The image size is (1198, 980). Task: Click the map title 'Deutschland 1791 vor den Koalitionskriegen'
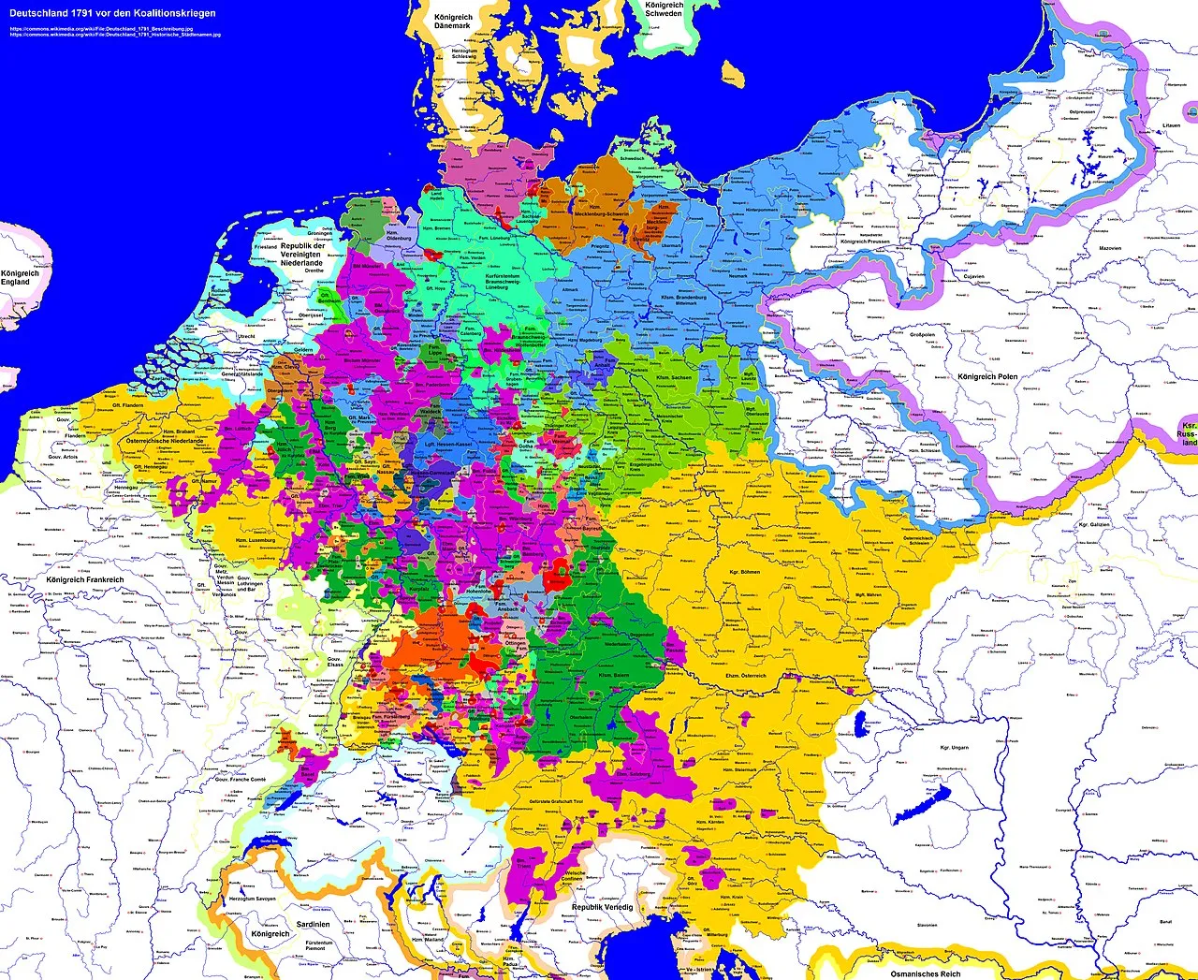tap(112, 13)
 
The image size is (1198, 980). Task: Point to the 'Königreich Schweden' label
tap(664, 9)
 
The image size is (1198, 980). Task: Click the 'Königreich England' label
tap(15, 278)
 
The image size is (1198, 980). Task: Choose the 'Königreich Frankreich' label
tap(84, 580)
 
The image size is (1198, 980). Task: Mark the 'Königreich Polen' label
tap(987, 376)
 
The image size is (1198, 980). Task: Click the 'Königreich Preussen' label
tap(866, 241)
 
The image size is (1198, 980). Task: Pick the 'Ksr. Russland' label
tap(1187, 433)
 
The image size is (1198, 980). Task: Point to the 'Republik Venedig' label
tap(603, 907)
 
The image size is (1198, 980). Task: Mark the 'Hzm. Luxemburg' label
tap(252, 540)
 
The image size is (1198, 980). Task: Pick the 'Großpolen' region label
tap(923, 334)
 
